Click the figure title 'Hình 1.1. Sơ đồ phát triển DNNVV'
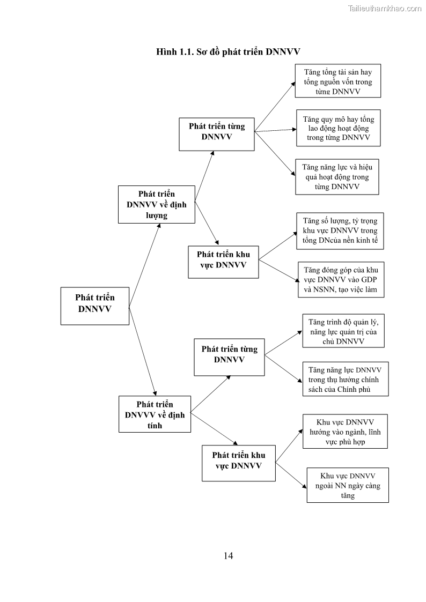click(x=228, y=51)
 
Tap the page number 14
click(x=228, y=555)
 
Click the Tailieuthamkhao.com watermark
click(x=384, y=8)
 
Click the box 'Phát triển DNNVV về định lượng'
click(x=156, y=204)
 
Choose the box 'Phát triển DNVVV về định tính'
click(x=155, y=414)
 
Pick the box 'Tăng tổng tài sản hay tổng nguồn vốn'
click(x=337, y=81)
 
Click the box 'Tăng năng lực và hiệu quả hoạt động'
click(x=337, y=176)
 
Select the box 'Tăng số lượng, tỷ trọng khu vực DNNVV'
click(x=340, y=231)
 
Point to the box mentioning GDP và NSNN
click(x=341, y=279)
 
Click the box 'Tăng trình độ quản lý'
click(x=343, y=331)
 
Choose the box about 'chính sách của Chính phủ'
click(x=344, y=379)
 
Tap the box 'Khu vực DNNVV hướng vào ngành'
click(x=345, y=431)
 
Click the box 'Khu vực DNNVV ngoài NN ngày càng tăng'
click(x=347, y=485)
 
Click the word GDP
click(x=368, y=280)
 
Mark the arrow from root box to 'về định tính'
click(x=142, y=351)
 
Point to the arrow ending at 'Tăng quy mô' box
click(x=275, y=130)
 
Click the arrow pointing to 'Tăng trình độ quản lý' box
click(x=284, y=342)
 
